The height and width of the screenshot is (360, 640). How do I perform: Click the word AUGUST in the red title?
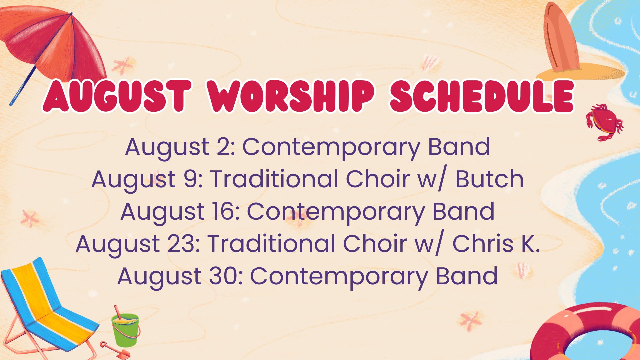click(117, 96)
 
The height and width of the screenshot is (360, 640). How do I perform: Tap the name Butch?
click(489, 179)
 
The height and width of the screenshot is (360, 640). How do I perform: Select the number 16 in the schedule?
click(226, 211)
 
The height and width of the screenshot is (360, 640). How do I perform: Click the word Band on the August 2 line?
click(459, 147)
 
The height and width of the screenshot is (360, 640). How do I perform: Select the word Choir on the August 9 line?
click(378, 179)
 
